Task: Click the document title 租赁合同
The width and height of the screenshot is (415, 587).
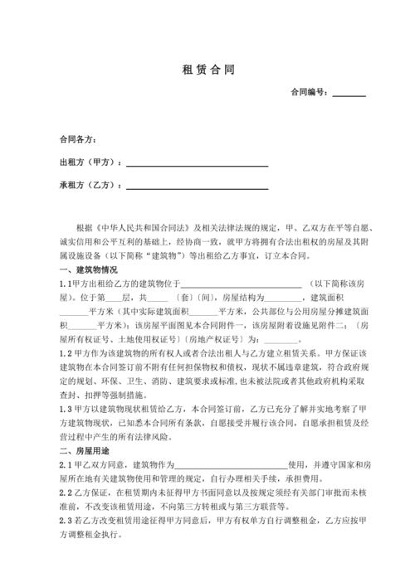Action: click(207, 70)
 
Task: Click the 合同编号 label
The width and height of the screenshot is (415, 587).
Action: click(309, 94)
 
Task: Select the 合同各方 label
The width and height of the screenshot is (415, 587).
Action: click(78, 138)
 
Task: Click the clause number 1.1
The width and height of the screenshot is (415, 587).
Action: click(66, 284)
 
